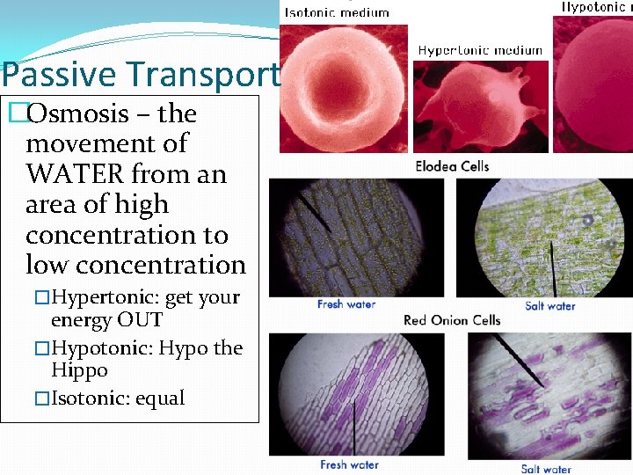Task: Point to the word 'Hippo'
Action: (x=79, y=370)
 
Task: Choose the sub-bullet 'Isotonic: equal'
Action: (x=118, y=398)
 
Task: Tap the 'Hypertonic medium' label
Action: (x=480, y=50)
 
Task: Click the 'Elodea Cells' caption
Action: (x=452, y=166)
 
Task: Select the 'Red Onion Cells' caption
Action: (x=452, y=320)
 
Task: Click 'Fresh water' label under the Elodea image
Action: (x=346, y=304)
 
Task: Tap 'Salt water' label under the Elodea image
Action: (x=549, y=306)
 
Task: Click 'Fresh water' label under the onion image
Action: (x=349, y=464)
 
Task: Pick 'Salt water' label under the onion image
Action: (x=545, y=469)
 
